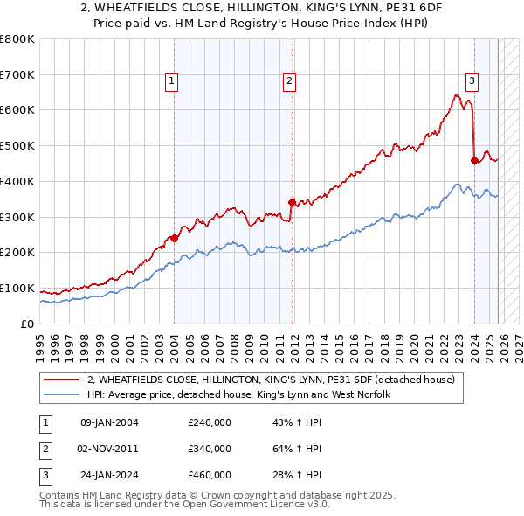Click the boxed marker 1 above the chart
click(171, 82)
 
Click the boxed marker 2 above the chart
click(289, 82)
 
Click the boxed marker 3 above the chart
click(472, 82)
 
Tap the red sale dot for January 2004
click(175, 237)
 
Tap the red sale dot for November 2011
click(292, 201)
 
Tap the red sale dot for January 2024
click(474, 160)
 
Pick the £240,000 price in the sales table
click(210, 422)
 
